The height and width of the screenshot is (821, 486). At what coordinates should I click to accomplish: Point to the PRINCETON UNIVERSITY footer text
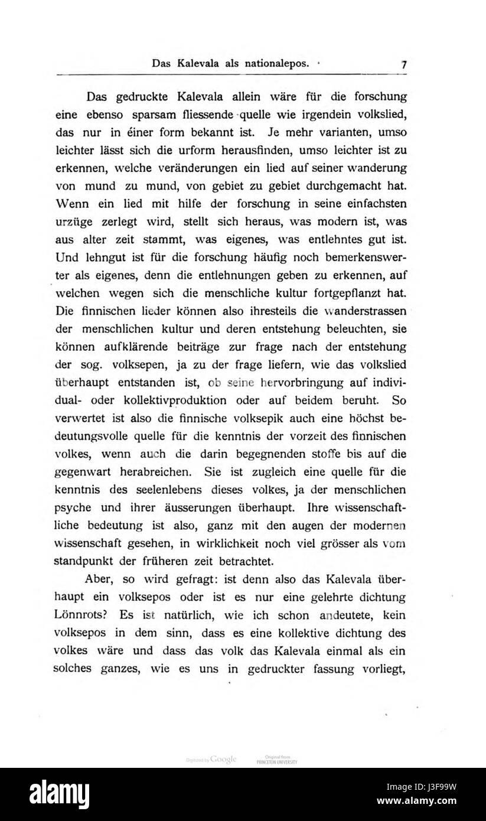click(276, 762)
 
